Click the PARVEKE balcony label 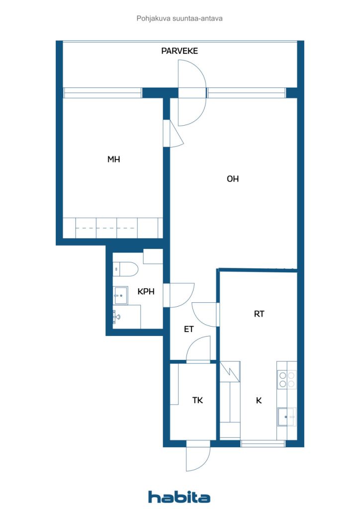point(180,51)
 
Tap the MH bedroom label point(114,160)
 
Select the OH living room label point(233,179)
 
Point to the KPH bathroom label point(146,292)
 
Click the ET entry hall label point(188,329)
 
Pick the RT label point(259,314)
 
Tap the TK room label point(197,400)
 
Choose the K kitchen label point(259,400)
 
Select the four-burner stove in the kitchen point(287,380)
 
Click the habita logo point(179,497)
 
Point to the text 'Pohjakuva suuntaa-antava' point(179,18)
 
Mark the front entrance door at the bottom point(198,457)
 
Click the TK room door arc point(199,348)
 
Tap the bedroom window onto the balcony point(103,93)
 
